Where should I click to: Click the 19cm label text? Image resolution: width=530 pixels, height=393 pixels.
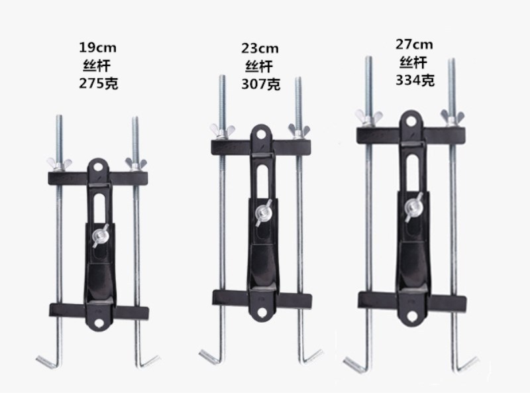pos(97,48)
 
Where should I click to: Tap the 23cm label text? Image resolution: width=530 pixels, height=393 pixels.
pos(260,48)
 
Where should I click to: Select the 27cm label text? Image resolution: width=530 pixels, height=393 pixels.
pos(414,44)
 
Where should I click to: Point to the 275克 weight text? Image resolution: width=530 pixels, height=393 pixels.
pos(98,84)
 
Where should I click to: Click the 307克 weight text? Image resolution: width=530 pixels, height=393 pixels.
pos(260,84)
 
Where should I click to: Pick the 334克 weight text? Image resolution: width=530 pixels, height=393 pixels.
pos(415,80)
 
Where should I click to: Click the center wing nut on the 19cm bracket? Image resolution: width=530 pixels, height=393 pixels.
pos(100,235)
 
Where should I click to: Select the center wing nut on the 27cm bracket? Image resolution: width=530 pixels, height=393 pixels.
pos(413,207)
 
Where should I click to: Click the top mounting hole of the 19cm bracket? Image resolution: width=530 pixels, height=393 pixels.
pos(98,167)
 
